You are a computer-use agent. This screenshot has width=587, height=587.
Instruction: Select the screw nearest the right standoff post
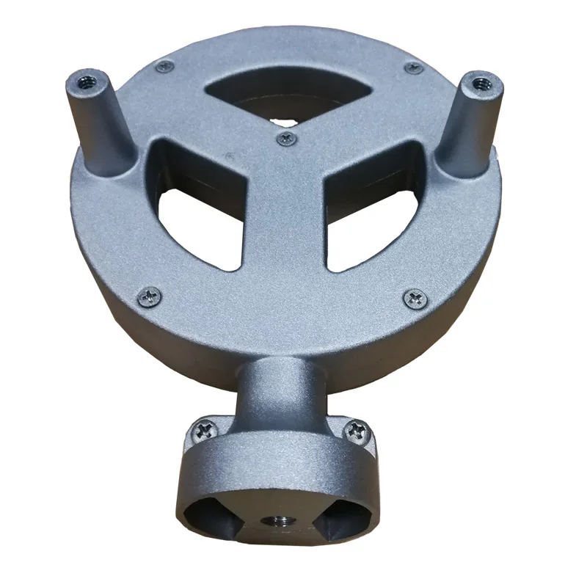coord(415,68)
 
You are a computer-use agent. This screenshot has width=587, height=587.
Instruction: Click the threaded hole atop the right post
coord(480,82)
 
